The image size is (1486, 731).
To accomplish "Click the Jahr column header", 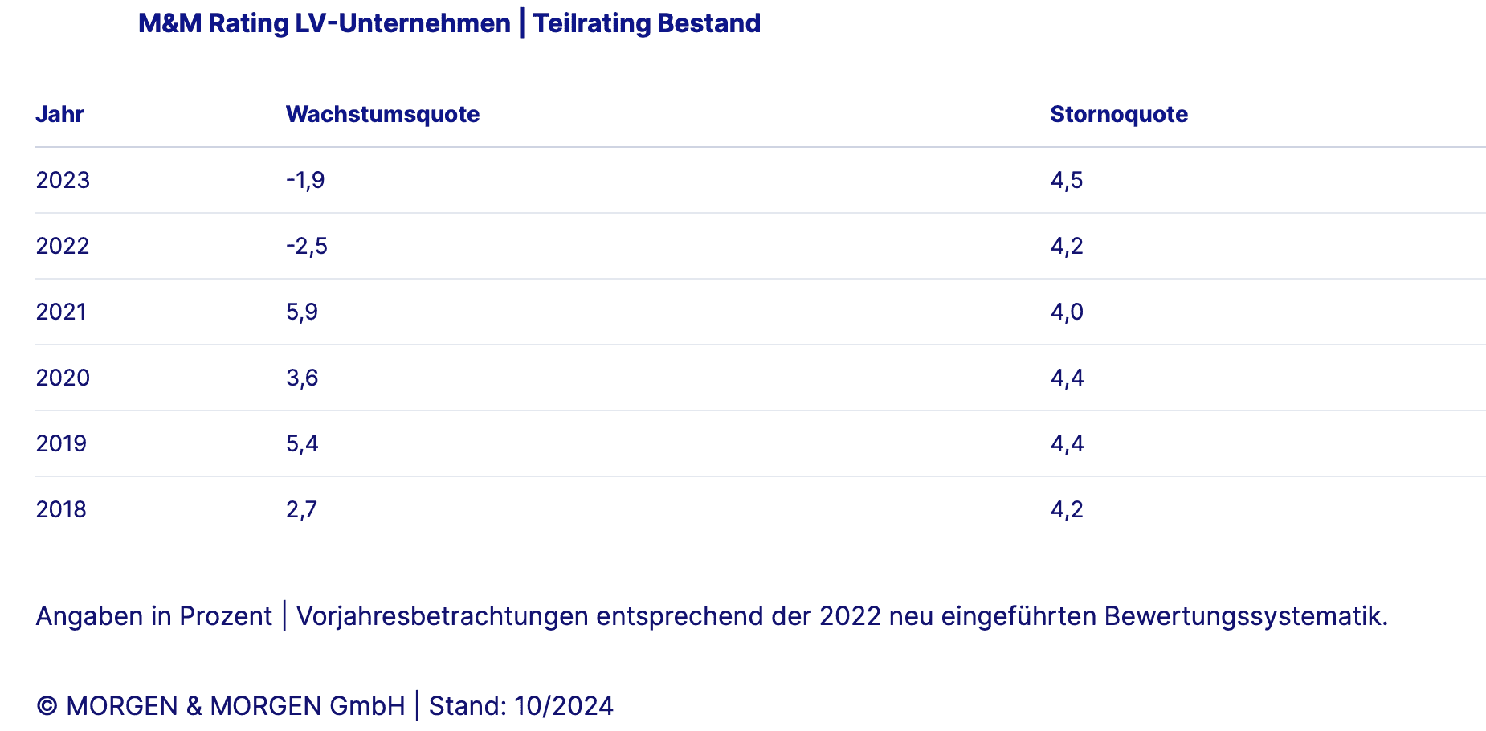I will (59, 114).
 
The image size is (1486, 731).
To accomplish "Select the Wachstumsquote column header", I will (382, 114).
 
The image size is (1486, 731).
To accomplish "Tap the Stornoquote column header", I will (1119, 114).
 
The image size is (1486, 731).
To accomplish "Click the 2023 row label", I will (63, 180).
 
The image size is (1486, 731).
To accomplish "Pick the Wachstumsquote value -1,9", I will (305, 180).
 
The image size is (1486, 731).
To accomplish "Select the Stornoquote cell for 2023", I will (1067, 180).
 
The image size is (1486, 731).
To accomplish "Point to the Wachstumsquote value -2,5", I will (306, 246).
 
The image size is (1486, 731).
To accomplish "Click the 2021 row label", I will (61, 312).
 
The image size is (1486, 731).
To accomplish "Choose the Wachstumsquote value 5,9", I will (302, 312).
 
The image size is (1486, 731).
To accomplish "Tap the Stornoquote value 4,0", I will (1067, 312).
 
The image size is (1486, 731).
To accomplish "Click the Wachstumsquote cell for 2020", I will (302, 378).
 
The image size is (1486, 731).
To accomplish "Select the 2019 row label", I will (61, 443).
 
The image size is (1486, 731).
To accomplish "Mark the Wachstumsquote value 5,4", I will (302, 443).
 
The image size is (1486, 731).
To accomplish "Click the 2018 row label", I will (61, 509).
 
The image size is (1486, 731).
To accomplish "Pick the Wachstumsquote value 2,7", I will (302, 509).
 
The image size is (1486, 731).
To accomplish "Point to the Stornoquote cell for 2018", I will (1067, 509).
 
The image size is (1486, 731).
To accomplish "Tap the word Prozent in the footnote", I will (226, 616).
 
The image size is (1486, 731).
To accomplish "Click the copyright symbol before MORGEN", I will (47, 706).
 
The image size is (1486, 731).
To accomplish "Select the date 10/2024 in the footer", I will (564, 706).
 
